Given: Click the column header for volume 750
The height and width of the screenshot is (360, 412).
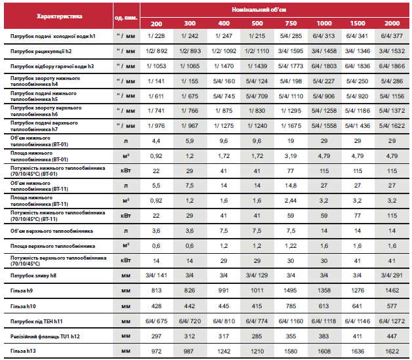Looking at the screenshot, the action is coord(291,24).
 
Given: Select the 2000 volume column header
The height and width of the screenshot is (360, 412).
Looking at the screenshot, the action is coord(392,24).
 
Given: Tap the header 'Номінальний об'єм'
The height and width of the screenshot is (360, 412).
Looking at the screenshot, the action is coord(259,10).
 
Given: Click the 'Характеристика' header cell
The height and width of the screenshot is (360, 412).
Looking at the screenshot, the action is coord(60,16).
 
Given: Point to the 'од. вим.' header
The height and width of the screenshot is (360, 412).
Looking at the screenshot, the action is coord(126,18).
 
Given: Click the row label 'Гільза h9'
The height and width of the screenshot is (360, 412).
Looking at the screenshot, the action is coord(22,290).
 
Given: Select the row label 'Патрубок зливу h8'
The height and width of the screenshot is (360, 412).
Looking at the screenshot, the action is coord(33,275).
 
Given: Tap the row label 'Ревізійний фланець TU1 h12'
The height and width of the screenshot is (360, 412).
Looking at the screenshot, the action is coord(45,336).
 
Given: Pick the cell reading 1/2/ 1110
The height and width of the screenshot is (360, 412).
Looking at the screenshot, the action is coord(257,51).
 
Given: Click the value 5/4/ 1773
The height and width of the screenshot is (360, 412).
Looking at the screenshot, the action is coord(291,66).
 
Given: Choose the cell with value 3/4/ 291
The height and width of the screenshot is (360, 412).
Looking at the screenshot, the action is coord(392,275).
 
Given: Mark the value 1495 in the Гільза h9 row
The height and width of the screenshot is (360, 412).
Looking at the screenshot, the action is coord(291,290).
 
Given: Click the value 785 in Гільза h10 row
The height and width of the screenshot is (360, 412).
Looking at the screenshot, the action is coord(291,306).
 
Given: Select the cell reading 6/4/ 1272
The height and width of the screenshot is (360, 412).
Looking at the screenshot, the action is coord(392,321).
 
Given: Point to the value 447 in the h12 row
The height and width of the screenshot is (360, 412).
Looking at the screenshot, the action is coord(392,336).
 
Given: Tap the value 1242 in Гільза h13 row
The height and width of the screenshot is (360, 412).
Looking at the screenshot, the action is coord(224,351).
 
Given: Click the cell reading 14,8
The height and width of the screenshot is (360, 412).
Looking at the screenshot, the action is coord(291,186).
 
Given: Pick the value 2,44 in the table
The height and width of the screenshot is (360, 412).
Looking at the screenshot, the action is coord(291,201).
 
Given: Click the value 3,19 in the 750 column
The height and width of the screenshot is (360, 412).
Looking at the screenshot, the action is coord(291,156).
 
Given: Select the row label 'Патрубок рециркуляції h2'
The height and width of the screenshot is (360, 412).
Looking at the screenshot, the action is coord(41,51).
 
